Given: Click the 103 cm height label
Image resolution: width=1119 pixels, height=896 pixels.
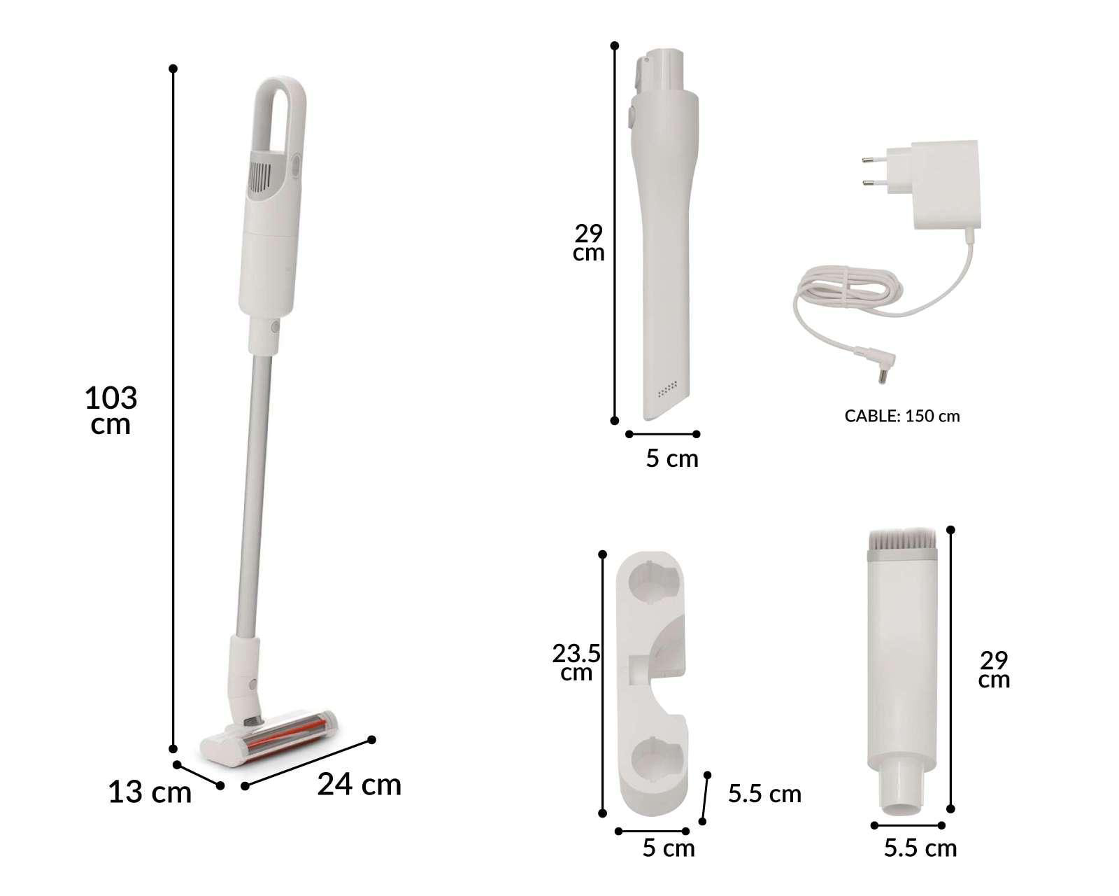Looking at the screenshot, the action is (111, 410).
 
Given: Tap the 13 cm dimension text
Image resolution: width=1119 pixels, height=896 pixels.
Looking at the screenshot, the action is (150, 792).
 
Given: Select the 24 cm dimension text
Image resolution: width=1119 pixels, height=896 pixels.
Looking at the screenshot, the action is (359, 785).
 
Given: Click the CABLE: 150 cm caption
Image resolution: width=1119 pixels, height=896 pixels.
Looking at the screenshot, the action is (902, 416).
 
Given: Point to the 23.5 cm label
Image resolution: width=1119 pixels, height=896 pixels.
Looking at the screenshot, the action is (576, 662).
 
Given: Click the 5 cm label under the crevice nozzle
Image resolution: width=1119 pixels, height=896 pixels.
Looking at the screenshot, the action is (672, 458).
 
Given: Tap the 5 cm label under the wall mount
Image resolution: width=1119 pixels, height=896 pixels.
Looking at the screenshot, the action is (669, 848).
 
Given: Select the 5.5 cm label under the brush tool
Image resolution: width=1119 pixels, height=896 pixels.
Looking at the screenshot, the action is (920, 848).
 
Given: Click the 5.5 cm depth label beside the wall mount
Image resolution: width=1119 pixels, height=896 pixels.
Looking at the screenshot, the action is (764, 794).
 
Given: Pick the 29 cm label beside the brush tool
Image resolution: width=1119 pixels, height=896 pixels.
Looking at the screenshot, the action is (994, 670).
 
